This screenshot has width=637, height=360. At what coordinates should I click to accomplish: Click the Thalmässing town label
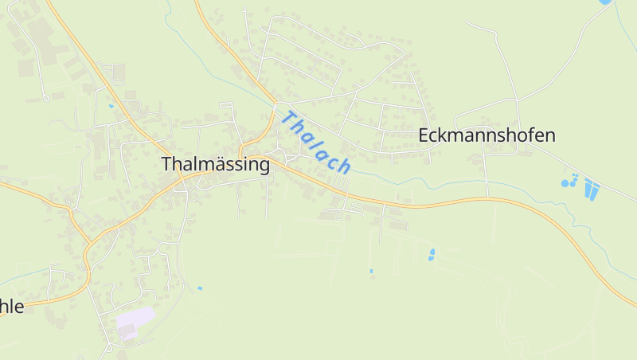[x=215, y=165]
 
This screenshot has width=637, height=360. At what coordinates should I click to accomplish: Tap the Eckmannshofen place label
[x=487, y=135]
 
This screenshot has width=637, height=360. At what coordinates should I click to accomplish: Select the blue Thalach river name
[x=316, y=143]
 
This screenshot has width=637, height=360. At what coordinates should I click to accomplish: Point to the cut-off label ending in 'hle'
[x=12, y=306]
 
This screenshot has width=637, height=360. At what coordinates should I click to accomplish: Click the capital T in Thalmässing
[x=166, y=164]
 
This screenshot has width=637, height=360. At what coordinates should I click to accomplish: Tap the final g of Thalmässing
[x=264, y=167]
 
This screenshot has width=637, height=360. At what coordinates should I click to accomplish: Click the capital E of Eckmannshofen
[x=424, y=135]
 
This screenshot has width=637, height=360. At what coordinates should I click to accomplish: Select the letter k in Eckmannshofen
[x=442, y=135]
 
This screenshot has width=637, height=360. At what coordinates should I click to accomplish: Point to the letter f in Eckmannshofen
[x=528, y=135]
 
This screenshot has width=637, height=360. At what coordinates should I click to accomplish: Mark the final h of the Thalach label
[x=344, y=166]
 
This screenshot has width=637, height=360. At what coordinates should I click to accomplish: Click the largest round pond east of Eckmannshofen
[x=565, y=183]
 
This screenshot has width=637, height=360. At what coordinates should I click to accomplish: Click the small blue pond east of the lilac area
[x=199, y=288]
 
